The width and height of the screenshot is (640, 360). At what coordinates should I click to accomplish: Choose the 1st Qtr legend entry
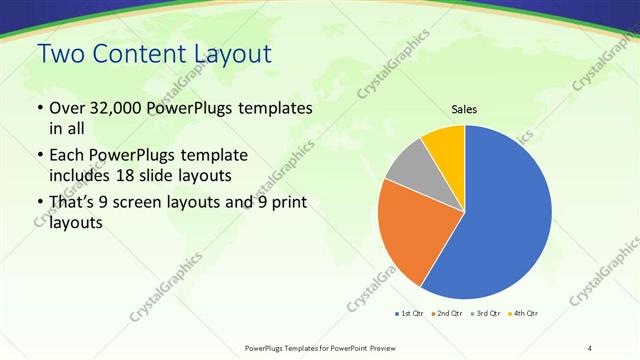click(x=409, y=314)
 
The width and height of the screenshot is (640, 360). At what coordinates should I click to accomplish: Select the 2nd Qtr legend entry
click(x=446, y=314)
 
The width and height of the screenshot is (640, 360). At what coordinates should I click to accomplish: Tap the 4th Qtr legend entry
click(x=523, y=314)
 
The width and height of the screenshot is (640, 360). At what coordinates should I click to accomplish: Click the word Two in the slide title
click(x=59, y=57)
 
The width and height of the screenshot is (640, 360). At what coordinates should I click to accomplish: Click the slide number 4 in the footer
click(x=590, y=347)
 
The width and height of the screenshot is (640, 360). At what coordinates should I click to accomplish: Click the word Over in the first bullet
click(x=68, y=108)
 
